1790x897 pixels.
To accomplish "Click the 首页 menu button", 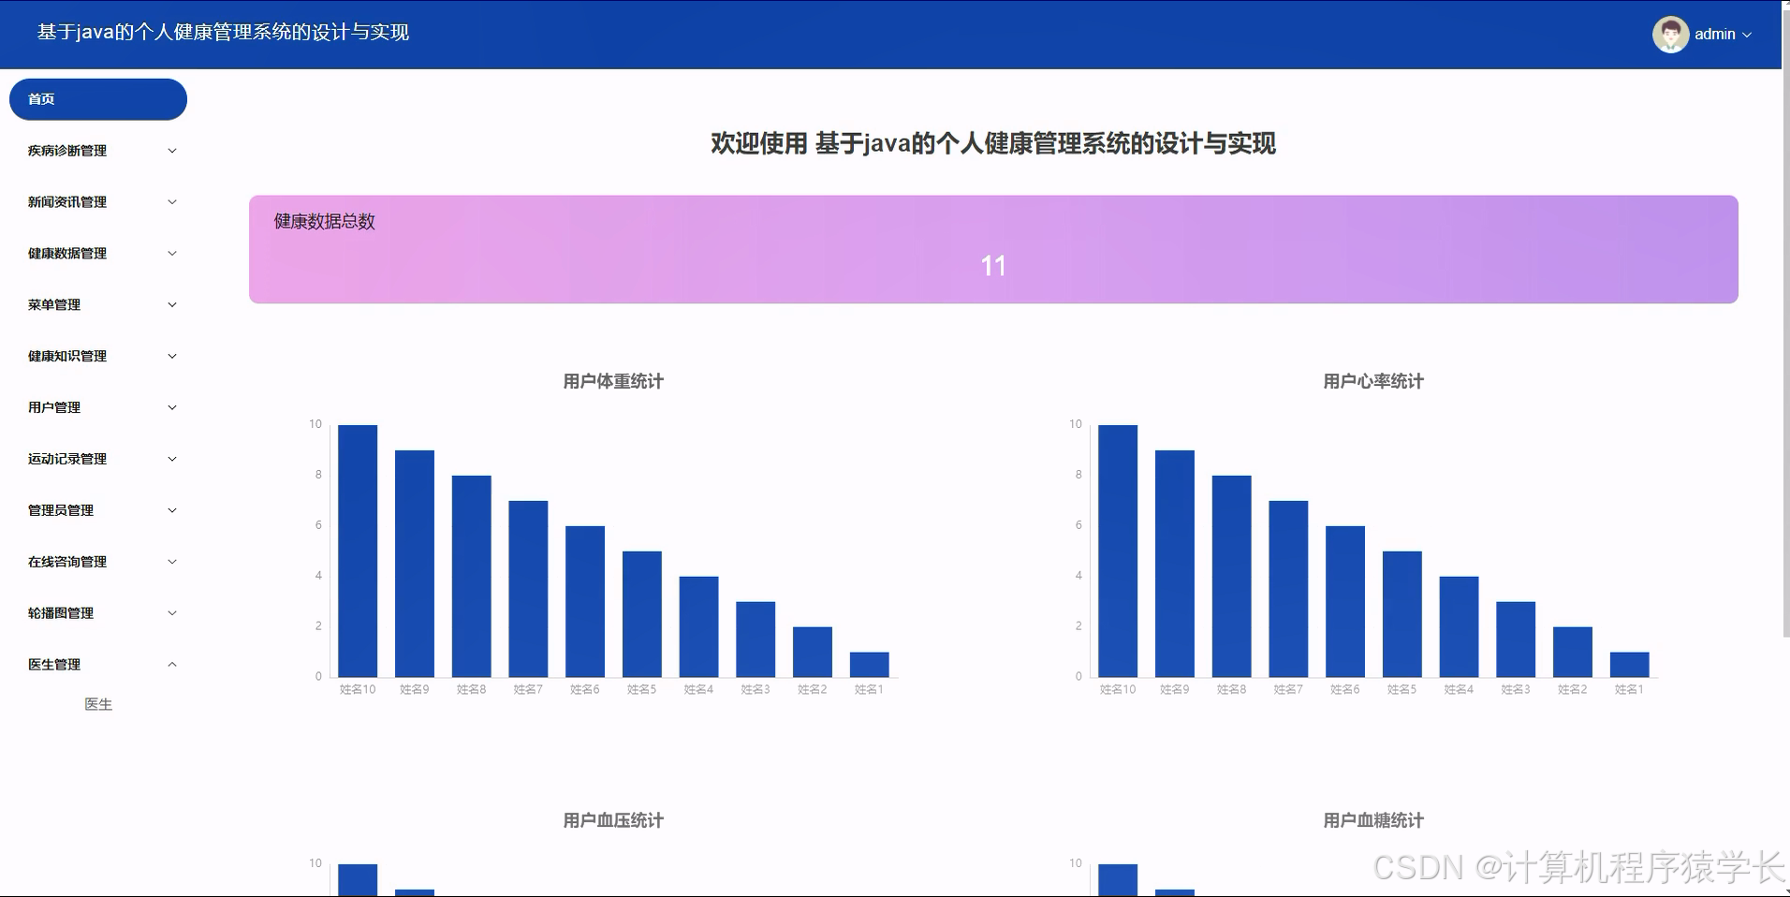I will [x=97, y=99].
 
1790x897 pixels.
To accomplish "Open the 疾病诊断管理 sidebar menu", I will [x=67, y=151].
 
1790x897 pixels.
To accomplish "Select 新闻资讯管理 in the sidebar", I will [x=67, y=202].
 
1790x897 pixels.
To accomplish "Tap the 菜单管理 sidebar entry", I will [x=54, y=305].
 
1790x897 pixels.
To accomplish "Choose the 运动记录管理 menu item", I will [x=67, y=459].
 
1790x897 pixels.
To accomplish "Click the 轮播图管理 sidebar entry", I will [x=61, y=613].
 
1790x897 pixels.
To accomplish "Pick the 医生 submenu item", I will [x=98, y=704].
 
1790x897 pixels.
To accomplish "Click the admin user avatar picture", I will [x=1670, y=35].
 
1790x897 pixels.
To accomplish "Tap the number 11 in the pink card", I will [x=993, y=266].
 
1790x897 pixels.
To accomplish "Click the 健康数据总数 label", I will [x=324, y=222].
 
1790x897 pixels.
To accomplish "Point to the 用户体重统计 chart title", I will [x=613, y=381].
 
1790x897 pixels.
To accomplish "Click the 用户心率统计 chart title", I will [x=1373, y=381].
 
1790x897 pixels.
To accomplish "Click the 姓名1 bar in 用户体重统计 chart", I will [x=869, y=664].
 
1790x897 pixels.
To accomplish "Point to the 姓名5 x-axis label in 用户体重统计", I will [x=641, y=689].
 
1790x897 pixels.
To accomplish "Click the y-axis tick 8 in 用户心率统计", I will [x=1078, y=475].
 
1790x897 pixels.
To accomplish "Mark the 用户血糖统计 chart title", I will [x=1373, y=820].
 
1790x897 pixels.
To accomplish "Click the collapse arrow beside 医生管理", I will [x=172, y=665].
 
